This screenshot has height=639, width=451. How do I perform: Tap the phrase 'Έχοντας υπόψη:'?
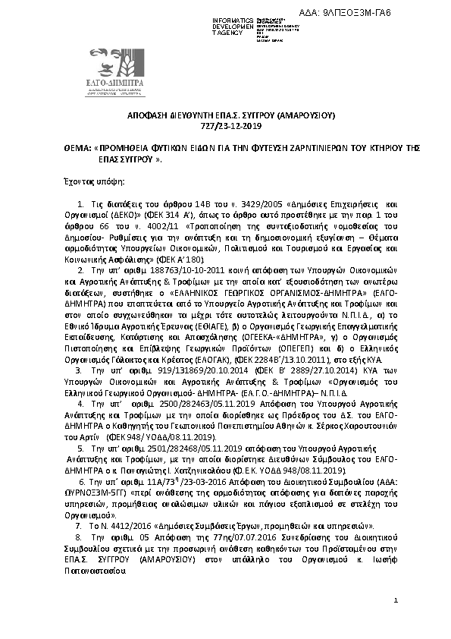pyautogui.click(x=89, y=183)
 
